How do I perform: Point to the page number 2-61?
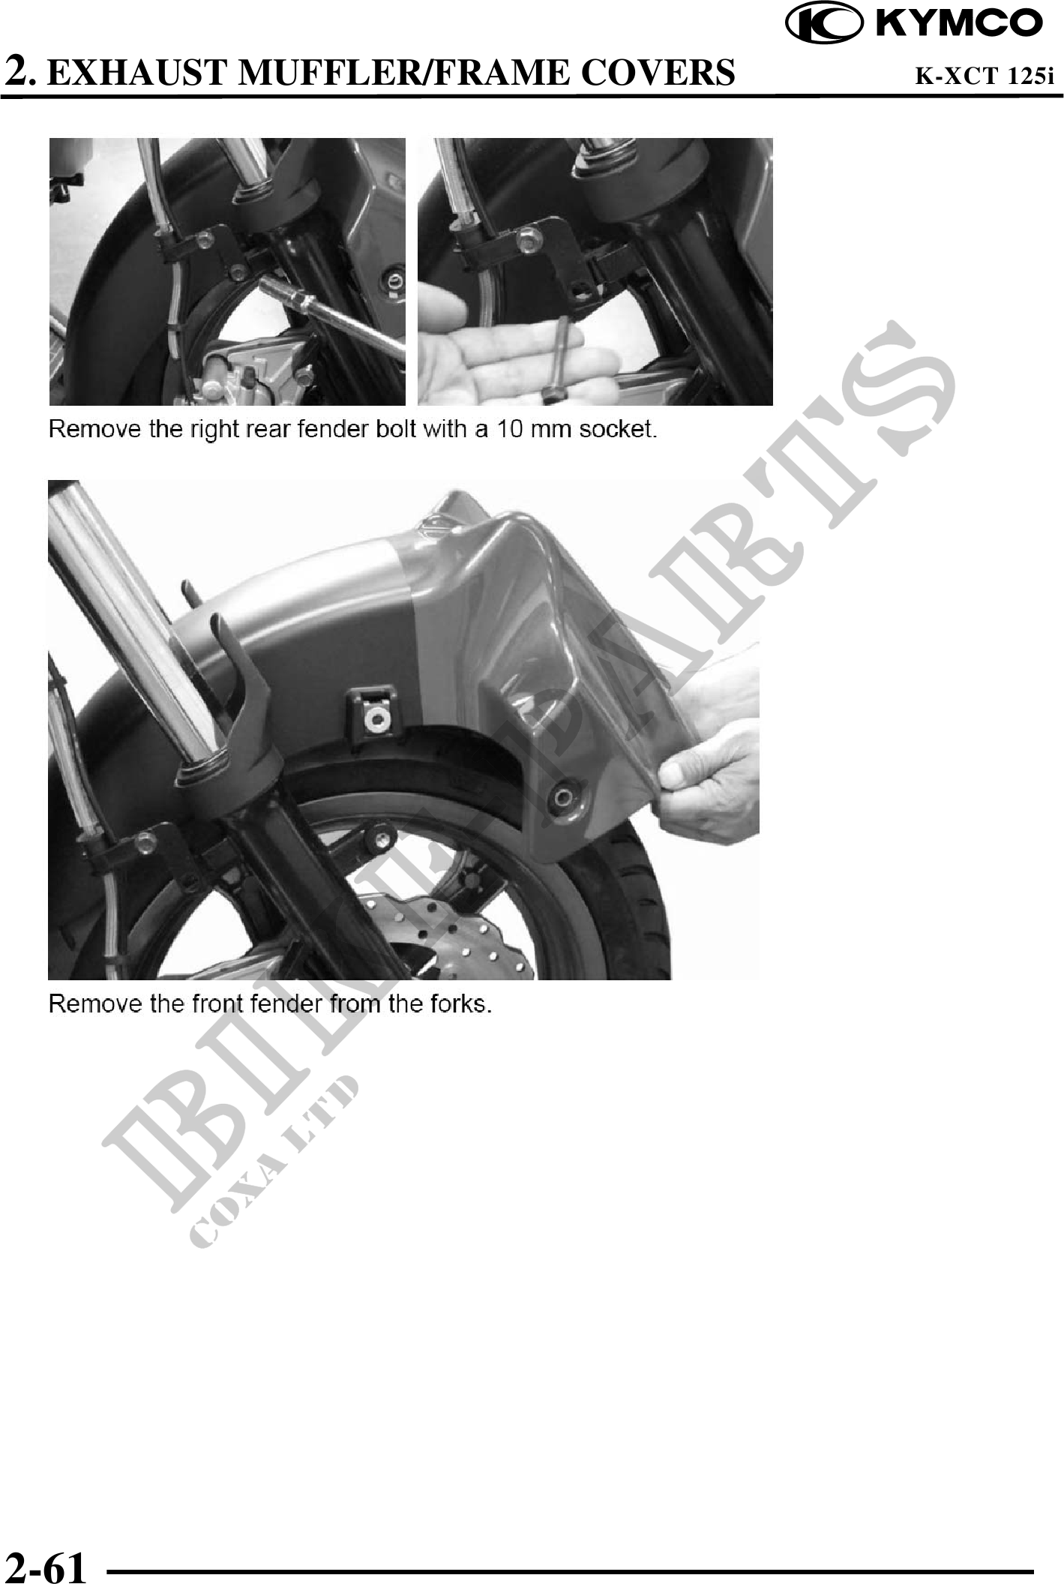[46, 1566]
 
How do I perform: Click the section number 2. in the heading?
[20, 72]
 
